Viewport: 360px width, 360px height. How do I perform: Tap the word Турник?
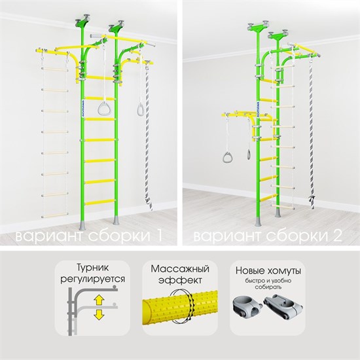tap(92, 268)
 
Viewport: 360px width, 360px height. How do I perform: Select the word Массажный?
tap(180, 269)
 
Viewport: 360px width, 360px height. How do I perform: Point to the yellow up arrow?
tap(99, 300)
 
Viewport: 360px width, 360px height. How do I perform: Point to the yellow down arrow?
tap(99, 314)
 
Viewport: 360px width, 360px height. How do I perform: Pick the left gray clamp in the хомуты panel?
tap(247, 307)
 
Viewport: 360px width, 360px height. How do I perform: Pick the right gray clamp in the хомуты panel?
tap(283, 306)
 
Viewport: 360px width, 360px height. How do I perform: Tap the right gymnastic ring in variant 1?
tap(140, 109)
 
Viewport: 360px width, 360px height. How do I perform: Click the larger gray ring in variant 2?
tap(228, 157)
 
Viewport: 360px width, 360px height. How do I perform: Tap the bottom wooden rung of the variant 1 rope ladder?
tap(55, 215)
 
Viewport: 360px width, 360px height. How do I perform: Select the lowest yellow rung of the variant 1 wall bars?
tap(99, 202)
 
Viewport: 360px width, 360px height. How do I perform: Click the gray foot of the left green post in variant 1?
tap(82, 225)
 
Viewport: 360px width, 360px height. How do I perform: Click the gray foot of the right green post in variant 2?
tap(278, 212)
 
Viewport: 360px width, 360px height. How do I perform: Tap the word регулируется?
tap(92, 279)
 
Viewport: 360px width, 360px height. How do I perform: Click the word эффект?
tap(180, 280)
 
